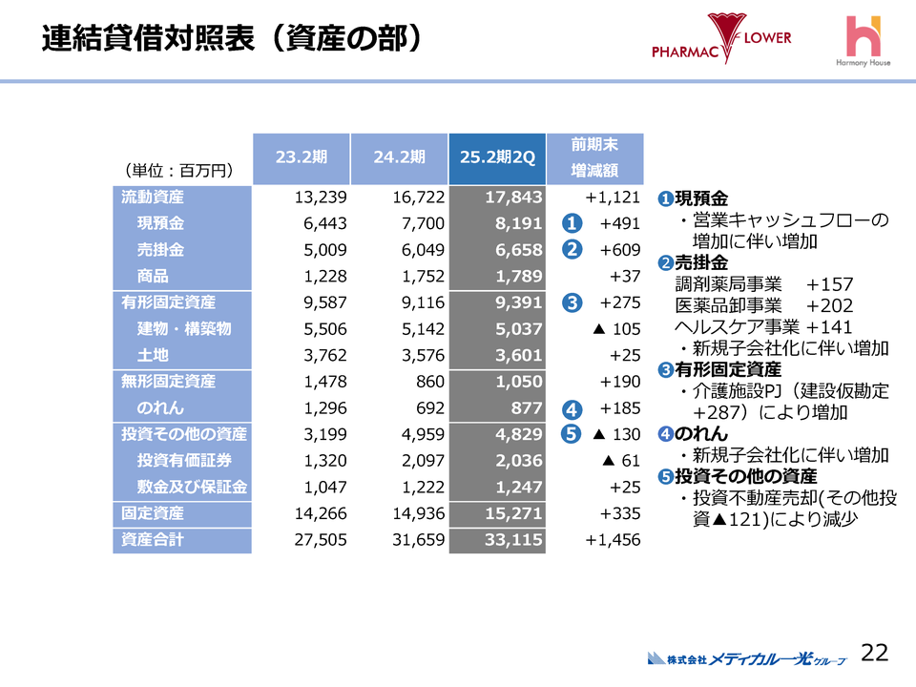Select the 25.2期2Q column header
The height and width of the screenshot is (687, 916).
click(496, 158)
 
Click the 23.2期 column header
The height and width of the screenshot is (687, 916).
click(301, 158)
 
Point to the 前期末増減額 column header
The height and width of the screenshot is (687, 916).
click(594, 158)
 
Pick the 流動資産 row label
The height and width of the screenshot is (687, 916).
click(153, 198)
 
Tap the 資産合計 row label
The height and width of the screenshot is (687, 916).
click(153, 540)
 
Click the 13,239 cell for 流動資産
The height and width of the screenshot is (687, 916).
click(321, 198)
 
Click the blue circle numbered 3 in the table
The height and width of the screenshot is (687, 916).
click(572, 303)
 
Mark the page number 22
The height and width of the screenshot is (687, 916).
click(874, 653)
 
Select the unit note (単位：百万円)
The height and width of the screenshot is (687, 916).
click(179, 171)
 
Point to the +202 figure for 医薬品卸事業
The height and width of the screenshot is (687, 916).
click(829, 305)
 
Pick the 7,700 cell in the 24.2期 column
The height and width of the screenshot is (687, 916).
click(419, 224)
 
